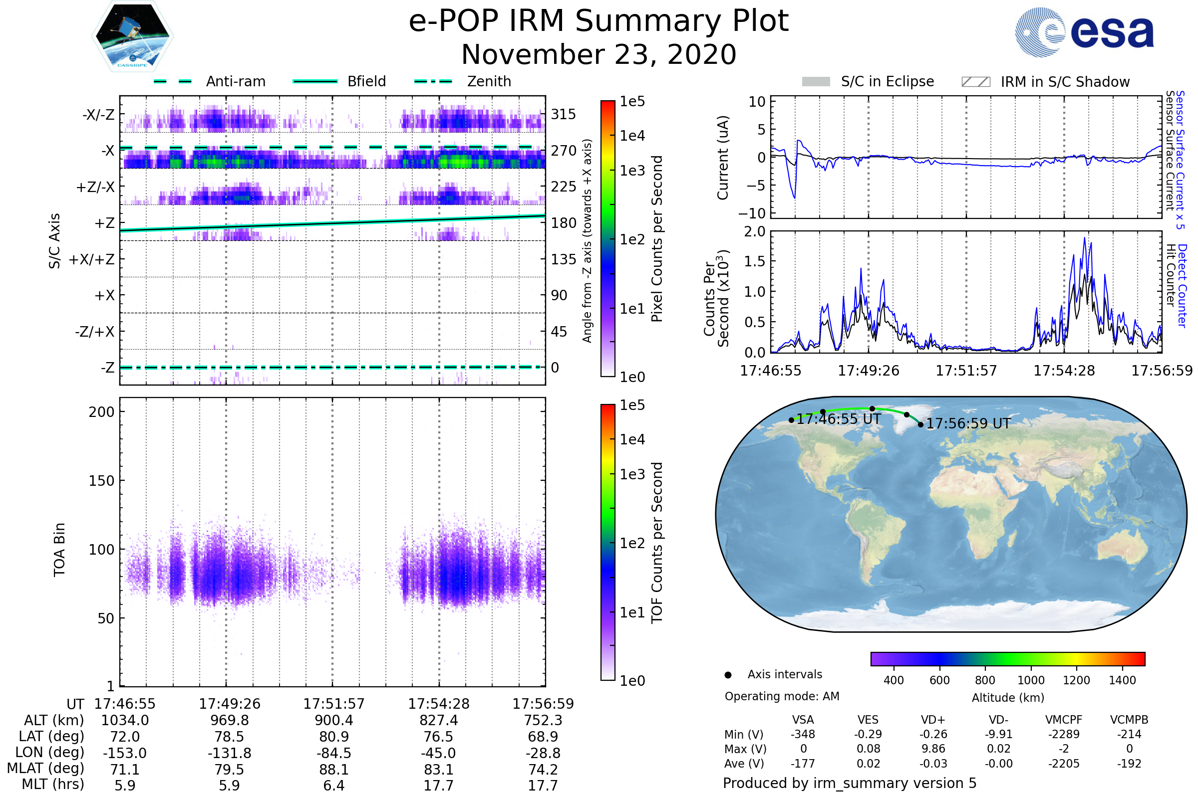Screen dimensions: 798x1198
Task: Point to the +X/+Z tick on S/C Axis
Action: click(92, 259)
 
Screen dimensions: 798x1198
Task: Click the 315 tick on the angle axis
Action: click(564, 114)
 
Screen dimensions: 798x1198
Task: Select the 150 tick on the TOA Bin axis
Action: click(101, 481)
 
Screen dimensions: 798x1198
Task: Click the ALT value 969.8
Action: click(230, 721)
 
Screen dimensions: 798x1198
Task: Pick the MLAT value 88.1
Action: click(334, 770)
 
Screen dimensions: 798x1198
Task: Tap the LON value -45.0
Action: click(439, 753)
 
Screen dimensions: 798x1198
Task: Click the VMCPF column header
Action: click(1064, 720)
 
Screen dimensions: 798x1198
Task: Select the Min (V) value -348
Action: click(803, 734)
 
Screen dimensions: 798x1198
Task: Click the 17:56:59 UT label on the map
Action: click(968, 423)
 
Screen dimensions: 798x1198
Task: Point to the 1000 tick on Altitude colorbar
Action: click(1031, 680)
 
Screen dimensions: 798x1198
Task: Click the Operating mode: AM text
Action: click(782, 696)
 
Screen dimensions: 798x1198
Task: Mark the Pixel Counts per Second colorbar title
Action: click(657, 239)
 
